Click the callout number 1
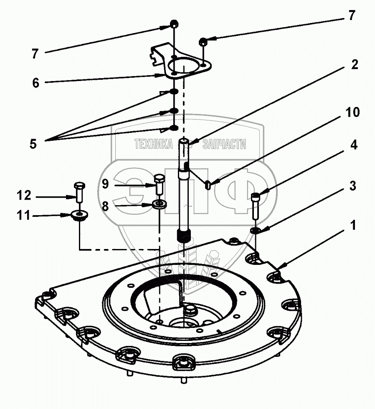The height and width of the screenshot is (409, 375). pyautogui.click(x=353, y=226)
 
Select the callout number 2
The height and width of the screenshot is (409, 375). pyautogui.click(x=355, y=65)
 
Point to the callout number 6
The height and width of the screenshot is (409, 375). pyautogui.click(x=35, y=83)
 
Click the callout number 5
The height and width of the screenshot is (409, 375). pyautogui.click(x=33, y=144)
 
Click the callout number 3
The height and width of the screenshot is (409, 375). pyautogui.click(x=353, y=186)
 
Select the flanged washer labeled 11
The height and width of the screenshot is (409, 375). pyautogui.click(x=79, y=216)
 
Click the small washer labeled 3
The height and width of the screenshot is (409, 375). pyautogui.click(x=256, y=230)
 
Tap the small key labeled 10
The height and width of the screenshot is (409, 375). pyautogui.click(x=208, y=183)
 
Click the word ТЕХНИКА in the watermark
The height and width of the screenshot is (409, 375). pyautogui.click(x=153, y=145)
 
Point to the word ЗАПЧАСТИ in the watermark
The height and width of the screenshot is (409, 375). pyautogui.click(x=224, y=145)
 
